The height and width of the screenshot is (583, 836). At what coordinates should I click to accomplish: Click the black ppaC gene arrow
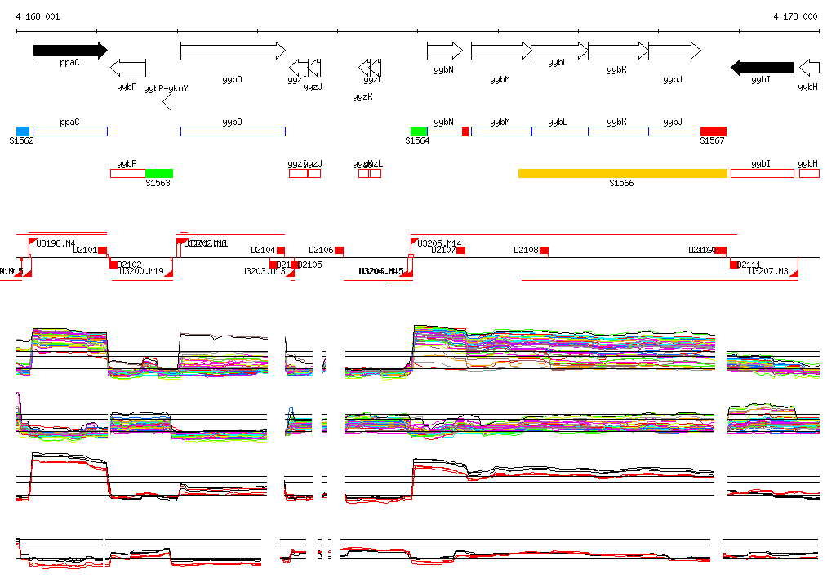click(x=69, y=51)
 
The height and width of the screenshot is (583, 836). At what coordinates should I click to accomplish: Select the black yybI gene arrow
click(x=762, y=67)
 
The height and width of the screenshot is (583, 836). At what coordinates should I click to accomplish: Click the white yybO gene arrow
click(x=233, y=51)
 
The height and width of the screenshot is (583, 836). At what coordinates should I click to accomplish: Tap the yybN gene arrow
click(x=444, y=51)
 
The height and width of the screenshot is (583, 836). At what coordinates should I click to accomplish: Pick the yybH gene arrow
click(x=809, y=67)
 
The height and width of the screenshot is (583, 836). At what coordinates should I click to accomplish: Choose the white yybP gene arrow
click(x=128, y=67)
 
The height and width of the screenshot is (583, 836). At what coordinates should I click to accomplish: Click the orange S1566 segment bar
click(x=622, y=173)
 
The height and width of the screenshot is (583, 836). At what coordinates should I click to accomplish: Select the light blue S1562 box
click(x=23, y=131)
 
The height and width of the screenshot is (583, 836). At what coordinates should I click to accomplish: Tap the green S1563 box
click(x=159, y=173)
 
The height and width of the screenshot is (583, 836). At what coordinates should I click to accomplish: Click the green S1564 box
click(x=419, y=131)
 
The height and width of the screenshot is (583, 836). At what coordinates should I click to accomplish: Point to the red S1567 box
click(x=713, y=131)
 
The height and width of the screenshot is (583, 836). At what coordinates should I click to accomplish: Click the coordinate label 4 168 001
click(x=38, y=16)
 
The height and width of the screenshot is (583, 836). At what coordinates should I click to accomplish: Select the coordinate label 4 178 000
click(x=795, y=16)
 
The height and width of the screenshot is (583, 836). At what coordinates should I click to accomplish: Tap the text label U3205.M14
click(x=439, y=243)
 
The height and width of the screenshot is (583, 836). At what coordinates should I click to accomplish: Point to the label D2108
click(x=526, y=250)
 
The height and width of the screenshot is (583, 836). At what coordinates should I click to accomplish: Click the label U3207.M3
click(x=769, y=271)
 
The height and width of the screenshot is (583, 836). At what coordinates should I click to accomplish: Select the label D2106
click(x=321, y=250)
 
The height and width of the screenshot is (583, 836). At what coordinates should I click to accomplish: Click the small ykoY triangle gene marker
click(x=167, y=102)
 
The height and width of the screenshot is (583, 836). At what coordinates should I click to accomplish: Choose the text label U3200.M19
click(x=141, y=271)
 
